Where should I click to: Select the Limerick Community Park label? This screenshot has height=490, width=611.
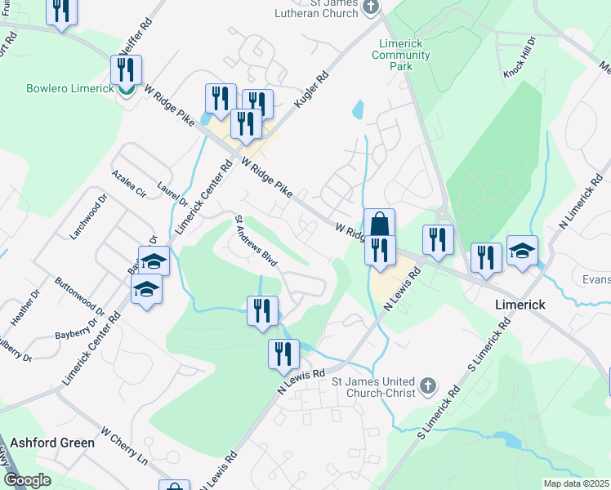[x=400, y=55]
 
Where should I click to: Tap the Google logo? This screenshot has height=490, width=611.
[x=27, y=480]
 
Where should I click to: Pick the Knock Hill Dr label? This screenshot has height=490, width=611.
[x=520, y=57]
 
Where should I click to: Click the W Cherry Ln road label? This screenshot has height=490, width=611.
[x=124, y=444]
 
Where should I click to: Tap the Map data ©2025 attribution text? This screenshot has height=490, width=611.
[x=576, y=483]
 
